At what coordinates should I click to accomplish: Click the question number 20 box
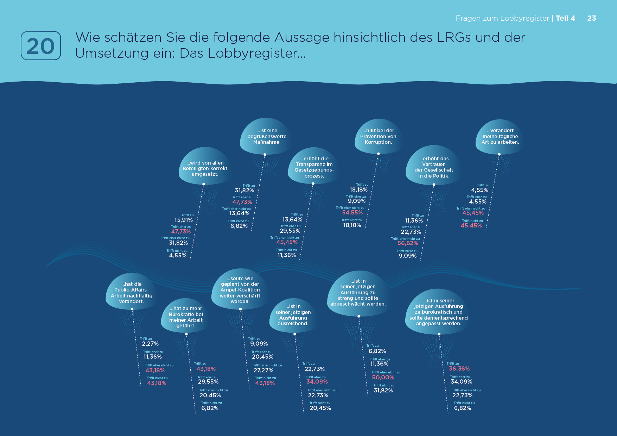click(41, 46)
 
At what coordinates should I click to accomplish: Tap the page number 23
click(592, 18)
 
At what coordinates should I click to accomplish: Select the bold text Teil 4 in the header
click(565, 18)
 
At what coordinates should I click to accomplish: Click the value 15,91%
click(184, 220)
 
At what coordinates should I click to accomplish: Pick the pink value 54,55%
click(352, 213)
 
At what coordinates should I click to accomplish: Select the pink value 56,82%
click(408, 243)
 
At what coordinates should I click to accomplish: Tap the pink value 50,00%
click(383, 378)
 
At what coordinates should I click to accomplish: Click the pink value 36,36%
click(459, 369)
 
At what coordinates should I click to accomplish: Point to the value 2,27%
click(150, 344)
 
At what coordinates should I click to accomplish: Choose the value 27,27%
click(263, 371)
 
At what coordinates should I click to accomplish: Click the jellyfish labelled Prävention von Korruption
click(378, 136)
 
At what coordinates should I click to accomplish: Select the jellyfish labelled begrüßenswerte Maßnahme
click(267, 136)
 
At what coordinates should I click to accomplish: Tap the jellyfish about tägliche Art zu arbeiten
click(500, 136)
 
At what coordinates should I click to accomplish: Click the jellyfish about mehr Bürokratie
click(186, 317)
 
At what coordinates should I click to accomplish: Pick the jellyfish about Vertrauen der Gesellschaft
click(434, 167)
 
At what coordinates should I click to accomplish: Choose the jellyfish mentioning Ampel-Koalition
click(240, 290)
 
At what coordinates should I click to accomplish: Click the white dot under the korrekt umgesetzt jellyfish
click(204, 184)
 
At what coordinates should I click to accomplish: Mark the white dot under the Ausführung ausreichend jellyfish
click(295, 334)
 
